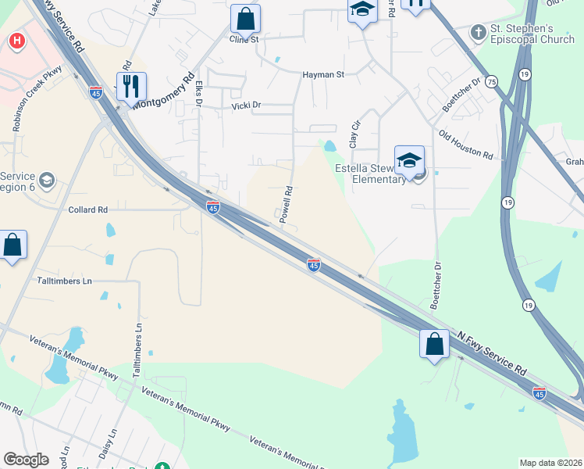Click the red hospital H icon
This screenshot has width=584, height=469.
click(x=15, y=41)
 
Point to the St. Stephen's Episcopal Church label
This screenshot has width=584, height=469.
click(x=532, y=34)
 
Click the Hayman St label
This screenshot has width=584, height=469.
click(x=323, y=75)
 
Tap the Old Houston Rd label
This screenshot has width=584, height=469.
click(x=465, y=145)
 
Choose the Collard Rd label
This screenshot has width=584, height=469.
click(x=87, y=209)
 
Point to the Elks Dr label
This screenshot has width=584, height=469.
click(x=199, y=92)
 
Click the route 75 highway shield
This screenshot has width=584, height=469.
click(x=490, y=81)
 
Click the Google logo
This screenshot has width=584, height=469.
click(x=26, y=460)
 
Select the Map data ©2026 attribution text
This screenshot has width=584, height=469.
click(x=550, y=463)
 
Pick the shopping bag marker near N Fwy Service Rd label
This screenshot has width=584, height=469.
click(x=434, y=344)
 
